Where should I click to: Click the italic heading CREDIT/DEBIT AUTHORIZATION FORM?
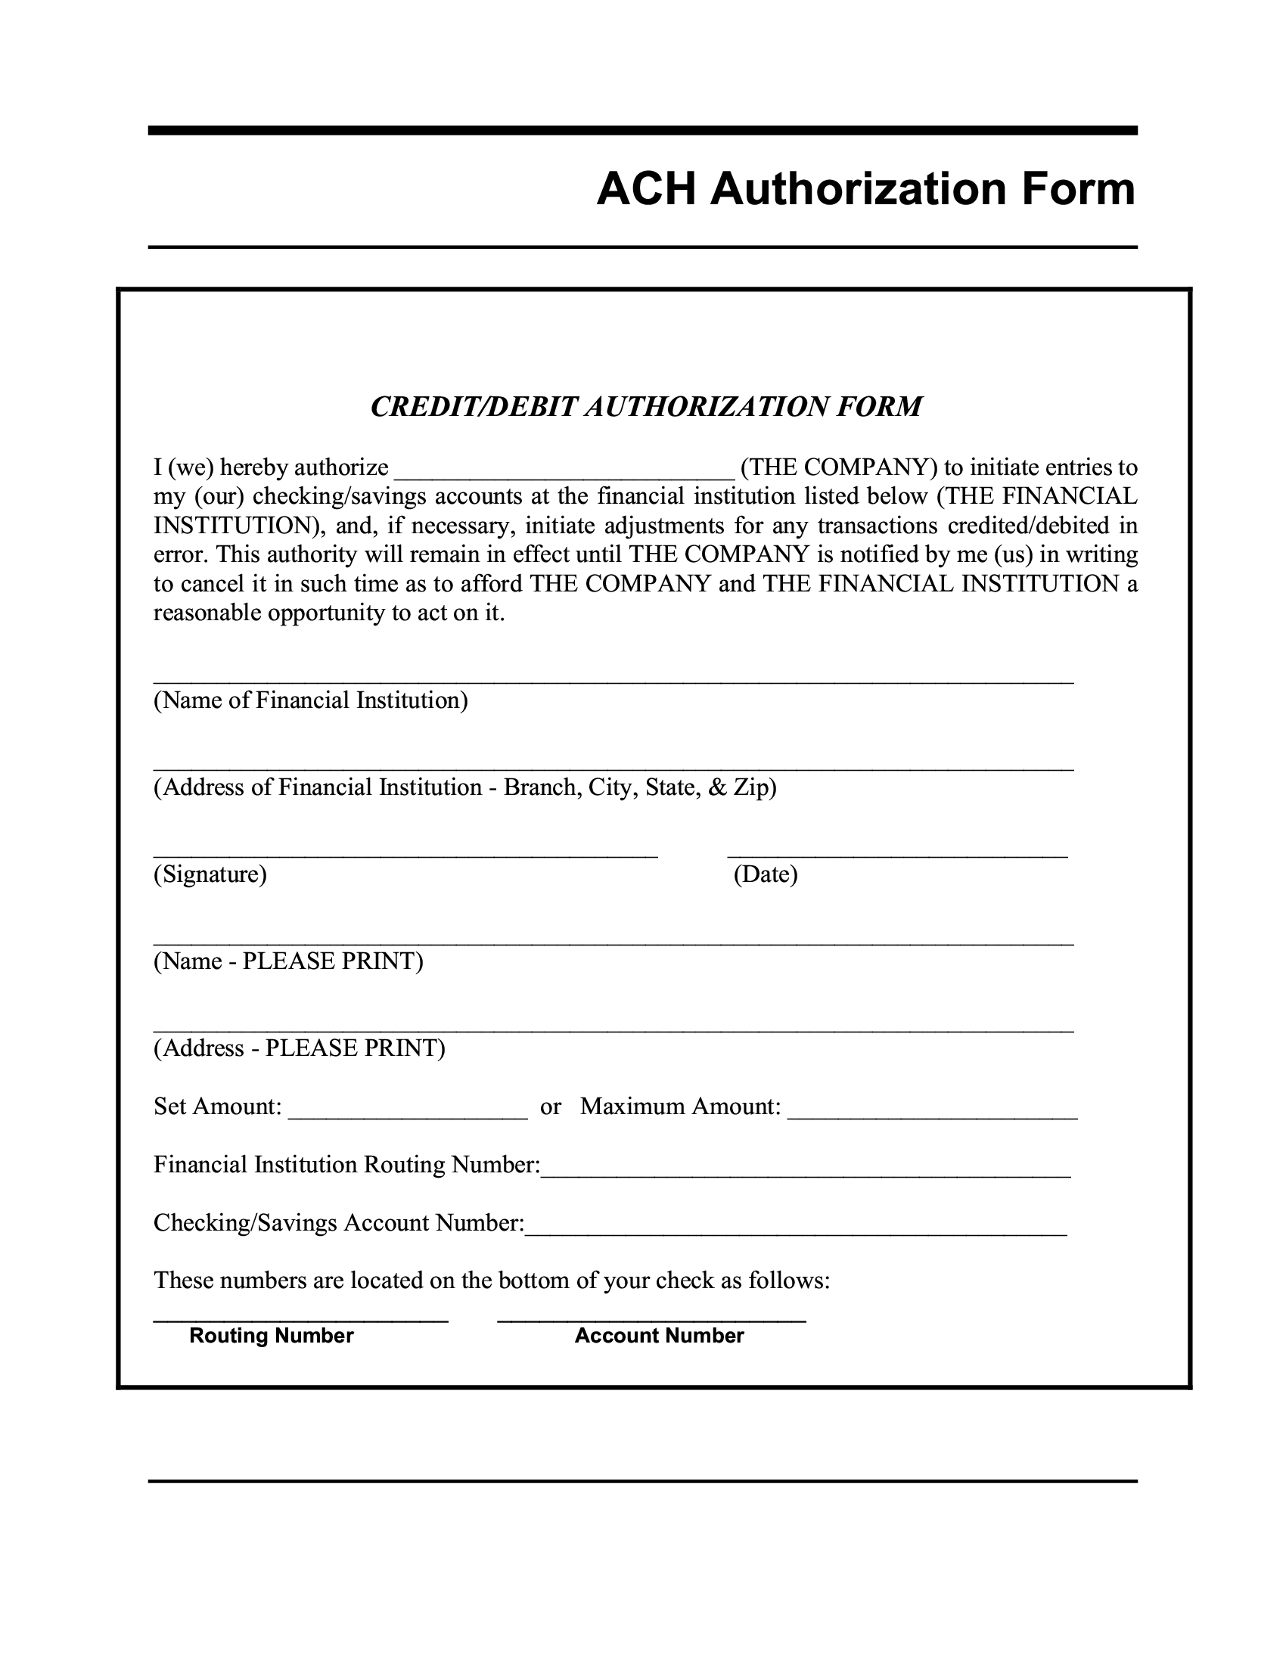646,407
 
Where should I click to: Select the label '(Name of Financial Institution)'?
311,700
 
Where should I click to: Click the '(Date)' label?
765,874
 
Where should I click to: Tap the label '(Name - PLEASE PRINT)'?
288,961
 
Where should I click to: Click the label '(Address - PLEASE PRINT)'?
300,1048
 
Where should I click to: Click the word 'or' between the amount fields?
550,1107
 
